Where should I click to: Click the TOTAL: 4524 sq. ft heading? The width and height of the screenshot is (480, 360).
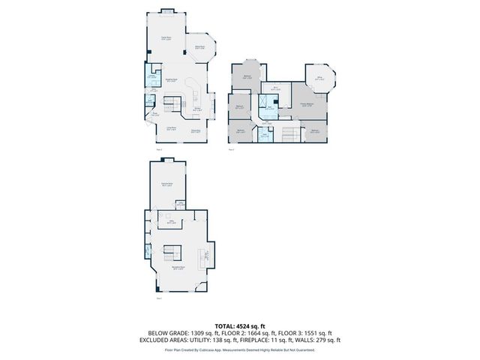click(x=240, y=325)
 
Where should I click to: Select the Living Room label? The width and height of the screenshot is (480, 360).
click(x=172, y=129)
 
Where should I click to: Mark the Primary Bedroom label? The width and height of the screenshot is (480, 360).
click(x=307, y=105)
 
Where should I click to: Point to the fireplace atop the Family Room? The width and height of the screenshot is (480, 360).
click(x=166, y=10)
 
